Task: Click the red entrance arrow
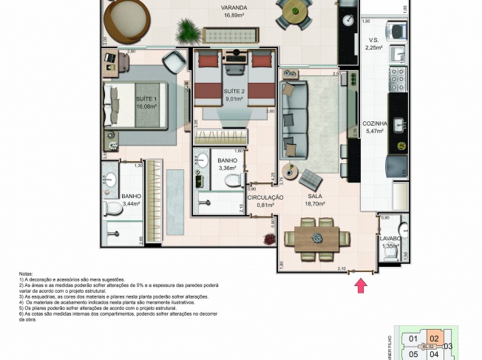tap(361, 285)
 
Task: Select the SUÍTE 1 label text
tap(146, 98)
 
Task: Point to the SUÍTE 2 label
tap(234, 92)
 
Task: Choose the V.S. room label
tap(373, 40)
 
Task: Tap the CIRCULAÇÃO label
tap(265, 197)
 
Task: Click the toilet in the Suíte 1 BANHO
tap(114, 210)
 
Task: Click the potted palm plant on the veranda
tap(190, 31)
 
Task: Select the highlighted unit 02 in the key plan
tap(435, 339)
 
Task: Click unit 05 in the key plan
tap(413, 353)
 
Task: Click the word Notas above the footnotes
tap(27, 273)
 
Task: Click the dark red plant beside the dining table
tap(270, 239)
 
